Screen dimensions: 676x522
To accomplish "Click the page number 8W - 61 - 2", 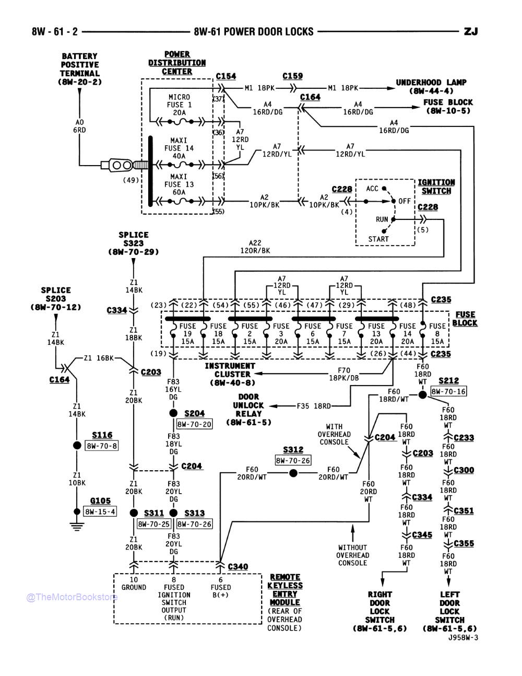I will click(x=55, y=31).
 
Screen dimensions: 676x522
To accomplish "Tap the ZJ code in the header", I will click(x=470, y=31).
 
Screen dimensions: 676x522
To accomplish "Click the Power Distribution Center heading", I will click(x=177, y=63).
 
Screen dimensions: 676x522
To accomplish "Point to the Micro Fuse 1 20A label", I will click(x=180, y=105).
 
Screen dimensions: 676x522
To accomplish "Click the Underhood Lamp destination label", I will click(x=431, y=86).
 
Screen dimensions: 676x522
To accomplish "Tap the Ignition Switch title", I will click(x=436, y=187).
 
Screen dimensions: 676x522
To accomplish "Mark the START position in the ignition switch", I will click(x=378, y=239).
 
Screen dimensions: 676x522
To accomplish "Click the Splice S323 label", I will click(x=133, y=243).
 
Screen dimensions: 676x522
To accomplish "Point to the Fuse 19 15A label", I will click(x=187, y=333).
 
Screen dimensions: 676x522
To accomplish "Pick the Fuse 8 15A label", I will click(x=437, y=333).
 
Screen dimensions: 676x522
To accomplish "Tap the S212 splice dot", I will click(x=423, y=395).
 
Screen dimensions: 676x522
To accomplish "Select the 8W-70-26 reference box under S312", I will click(x=293, y=460).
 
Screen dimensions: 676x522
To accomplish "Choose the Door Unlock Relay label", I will click(x=248, y=410).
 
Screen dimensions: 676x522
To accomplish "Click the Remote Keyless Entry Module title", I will click(x=285, y=590).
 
